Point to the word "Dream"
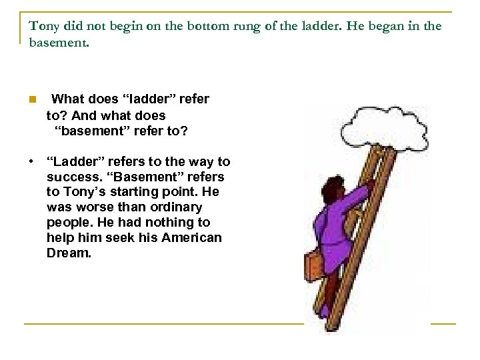pyautogui.click(x=68, y=253)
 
